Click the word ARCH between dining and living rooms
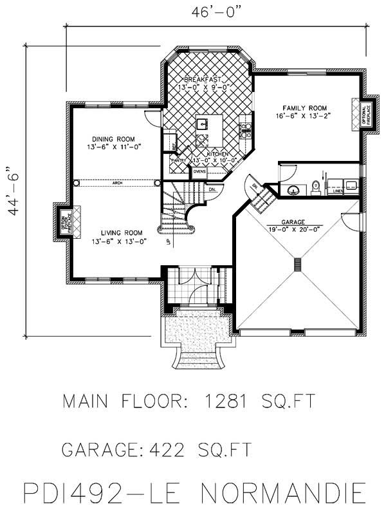click(x=117, y=182)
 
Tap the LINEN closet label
click(x=336, y=191)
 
